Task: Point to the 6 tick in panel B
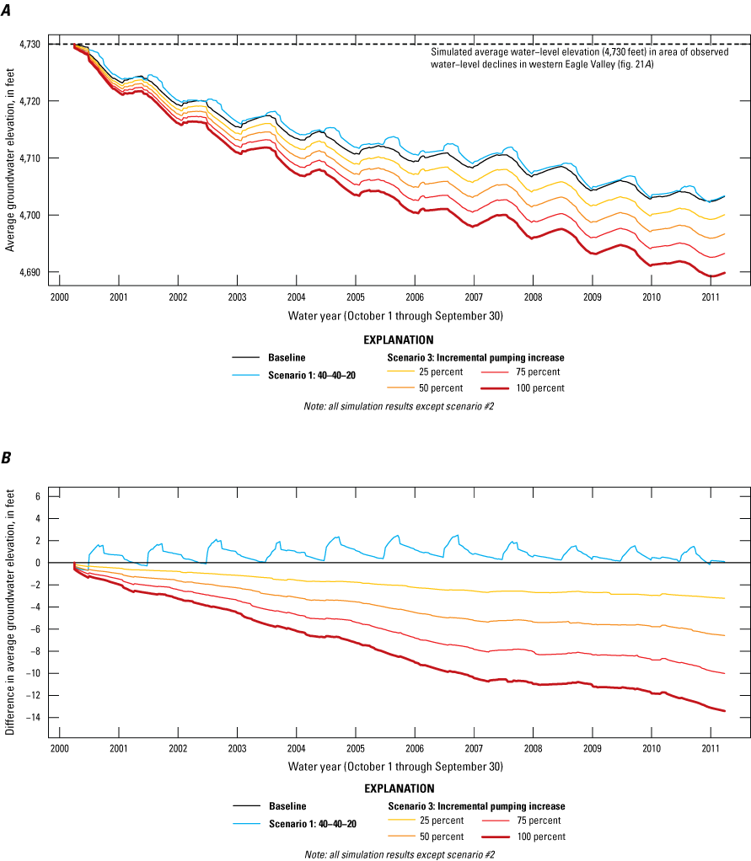click(x=37, y=496)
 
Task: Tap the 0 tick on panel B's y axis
click(x=37, y=563)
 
